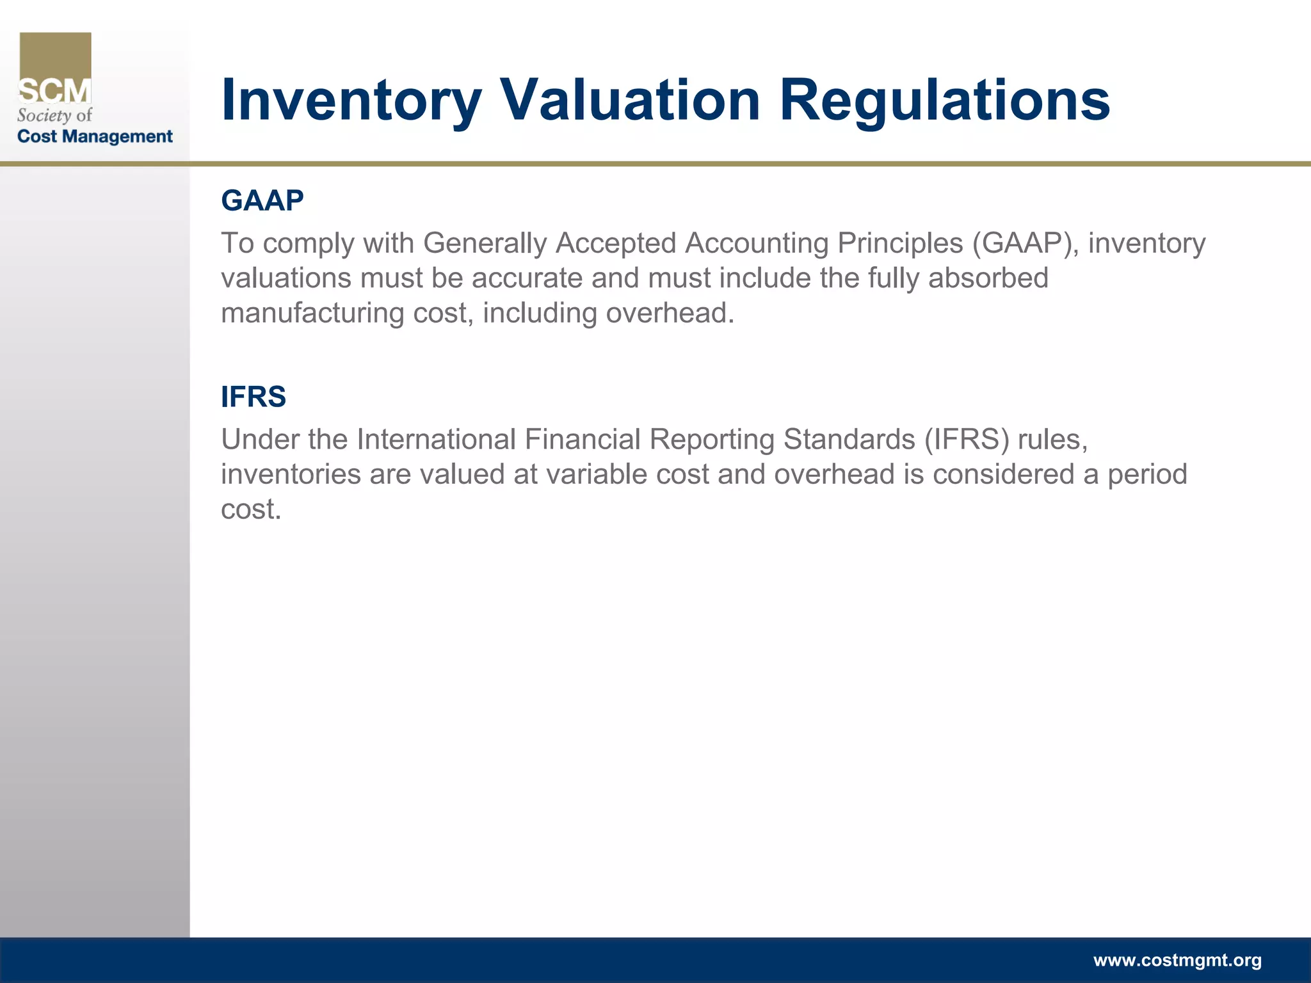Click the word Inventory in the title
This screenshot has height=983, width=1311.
click(351, 101)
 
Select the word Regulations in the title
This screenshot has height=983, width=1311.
click(944, 101)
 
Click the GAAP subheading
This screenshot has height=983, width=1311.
click(262, 200)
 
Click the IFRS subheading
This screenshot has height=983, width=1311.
click(253, 397)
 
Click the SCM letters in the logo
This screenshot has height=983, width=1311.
click(55, 92)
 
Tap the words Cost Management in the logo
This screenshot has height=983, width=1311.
click(95, 136)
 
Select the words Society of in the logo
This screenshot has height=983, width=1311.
click(55, 115)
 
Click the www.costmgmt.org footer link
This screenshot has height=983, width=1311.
click(1177, 960)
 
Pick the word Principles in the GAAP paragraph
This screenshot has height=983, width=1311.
click(900, 243)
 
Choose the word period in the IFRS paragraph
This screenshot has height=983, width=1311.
click(1147, 475)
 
